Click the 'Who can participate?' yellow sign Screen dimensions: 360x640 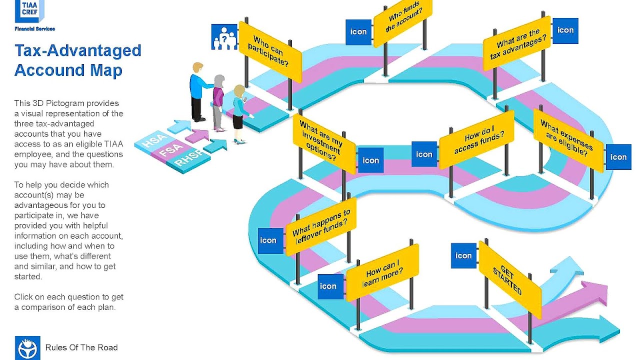[x=270, y=51]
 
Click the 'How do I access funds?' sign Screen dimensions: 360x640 [x=476, y=139]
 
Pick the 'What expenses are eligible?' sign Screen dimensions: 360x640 [x=568, y=140]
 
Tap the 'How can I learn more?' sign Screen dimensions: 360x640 [x=382, y=272]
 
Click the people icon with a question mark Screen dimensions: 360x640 [x=223, y=37]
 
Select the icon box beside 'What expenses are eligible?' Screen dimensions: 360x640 [x=618, y=157]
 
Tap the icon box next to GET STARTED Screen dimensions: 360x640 [x=463, y=255]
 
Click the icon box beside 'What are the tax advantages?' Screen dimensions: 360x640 [x=565, y=30]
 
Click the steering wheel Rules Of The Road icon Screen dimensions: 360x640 [x=27, y=347]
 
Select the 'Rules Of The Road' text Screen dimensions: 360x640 [x=81, y=347]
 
